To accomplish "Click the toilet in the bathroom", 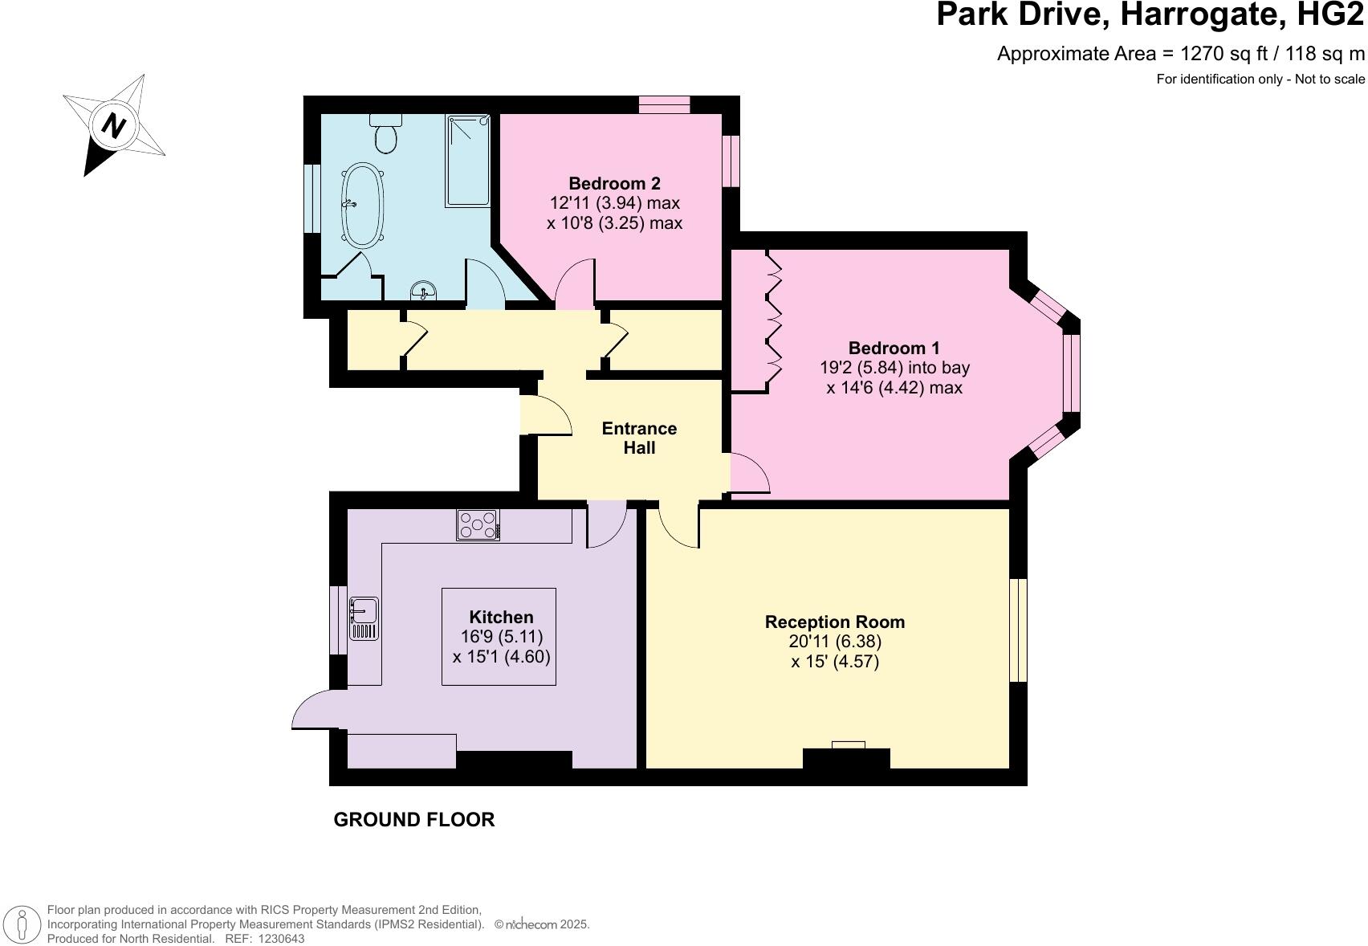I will click(386, 136).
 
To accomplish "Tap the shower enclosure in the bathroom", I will click(468, 161).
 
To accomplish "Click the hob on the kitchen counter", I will click(478, 525).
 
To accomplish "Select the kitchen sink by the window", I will click(364, 618).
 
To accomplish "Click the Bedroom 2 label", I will click(614, 183).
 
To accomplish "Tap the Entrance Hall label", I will click(639, 438).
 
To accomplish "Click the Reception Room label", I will click(834, 622).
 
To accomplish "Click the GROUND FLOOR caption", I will click(413, 819).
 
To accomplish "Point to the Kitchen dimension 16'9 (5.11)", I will click(501, 637).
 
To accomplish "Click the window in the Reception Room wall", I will click(1018, 630).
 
